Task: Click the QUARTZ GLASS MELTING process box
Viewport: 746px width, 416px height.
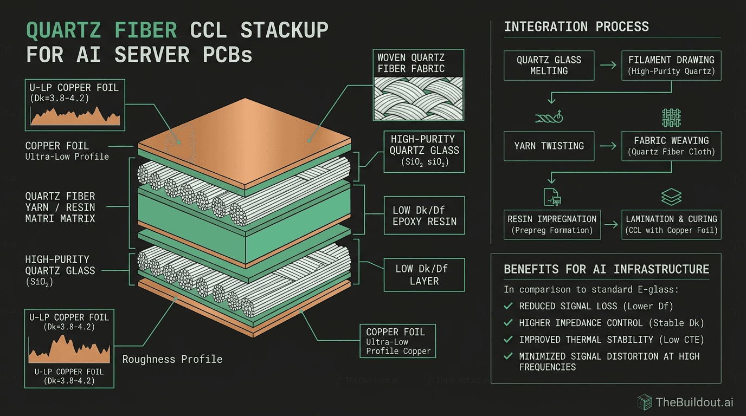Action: point(549,66)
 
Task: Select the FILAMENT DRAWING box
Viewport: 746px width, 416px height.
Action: point(671,66)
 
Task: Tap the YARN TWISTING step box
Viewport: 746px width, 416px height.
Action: point(549,146)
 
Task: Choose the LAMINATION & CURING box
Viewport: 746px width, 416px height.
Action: point(671,225)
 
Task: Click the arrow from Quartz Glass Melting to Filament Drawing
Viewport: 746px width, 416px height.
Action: point(608,66)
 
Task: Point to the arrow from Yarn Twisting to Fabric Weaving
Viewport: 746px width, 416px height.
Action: point(608,146)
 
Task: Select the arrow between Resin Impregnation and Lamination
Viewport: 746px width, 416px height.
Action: point(610,224)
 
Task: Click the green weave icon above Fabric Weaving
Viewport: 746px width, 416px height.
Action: point(671,118)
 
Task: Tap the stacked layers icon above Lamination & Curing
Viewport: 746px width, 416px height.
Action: point(672,197)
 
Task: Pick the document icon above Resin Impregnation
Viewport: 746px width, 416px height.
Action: point(551,197)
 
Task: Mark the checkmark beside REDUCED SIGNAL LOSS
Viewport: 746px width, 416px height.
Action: point(508,306)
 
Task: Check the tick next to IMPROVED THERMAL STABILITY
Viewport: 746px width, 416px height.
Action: point(508,340)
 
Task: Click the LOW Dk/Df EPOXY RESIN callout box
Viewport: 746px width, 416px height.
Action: point(424,216)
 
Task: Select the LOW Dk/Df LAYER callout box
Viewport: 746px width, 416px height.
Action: point(424,275)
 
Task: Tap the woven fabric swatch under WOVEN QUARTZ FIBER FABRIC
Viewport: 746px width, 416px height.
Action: point(419,98)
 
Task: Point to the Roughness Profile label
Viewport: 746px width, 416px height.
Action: point(172,359)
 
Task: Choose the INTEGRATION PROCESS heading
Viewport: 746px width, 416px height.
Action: point(576,27)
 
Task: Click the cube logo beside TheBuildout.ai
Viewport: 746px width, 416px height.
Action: point(644,402)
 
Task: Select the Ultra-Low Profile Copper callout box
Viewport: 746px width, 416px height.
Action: point(397,341)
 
